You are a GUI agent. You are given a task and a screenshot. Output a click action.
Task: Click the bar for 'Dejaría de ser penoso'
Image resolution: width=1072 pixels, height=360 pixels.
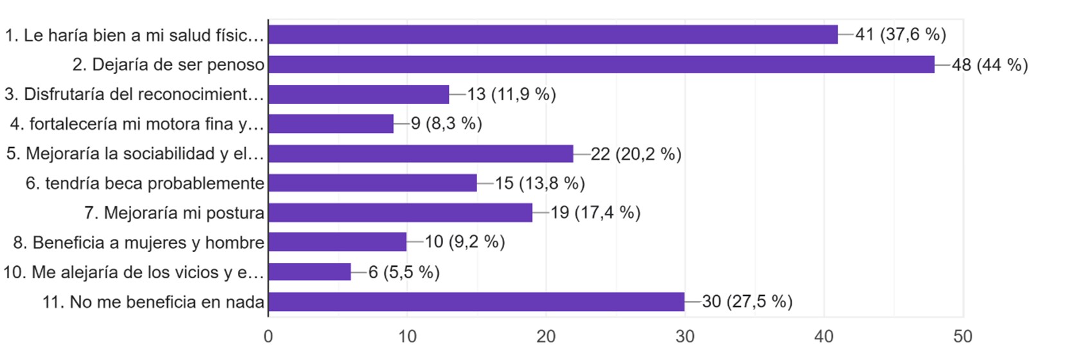click(601, 64)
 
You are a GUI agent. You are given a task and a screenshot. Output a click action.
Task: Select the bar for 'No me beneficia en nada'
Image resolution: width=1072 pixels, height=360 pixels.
click(476, 301)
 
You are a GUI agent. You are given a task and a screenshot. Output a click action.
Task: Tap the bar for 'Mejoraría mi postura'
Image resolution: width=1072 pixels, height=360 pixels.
click(400, 213)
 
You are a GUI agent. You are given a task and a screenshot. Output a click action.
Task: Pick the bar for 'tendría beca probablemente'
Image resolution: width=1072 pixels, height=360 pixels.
click(372, 183)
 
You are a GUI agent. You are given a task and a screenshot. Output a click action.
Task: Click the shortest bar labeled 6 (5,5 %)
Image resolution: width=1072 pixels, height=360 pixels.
click(309, 272)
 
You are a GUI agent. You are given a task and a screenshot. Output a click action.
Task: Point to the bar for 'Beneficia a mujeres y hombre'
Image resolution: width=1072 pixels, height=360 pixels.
click(337, 242)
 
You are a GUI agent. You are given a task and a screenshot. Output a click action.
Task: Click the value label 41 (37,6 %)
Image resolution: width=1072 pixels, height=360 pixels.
click(900, 35)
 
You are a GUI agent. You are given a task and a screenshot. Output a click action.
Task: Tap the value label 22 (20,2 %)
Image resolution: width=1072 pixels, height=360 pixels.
click(635, 154)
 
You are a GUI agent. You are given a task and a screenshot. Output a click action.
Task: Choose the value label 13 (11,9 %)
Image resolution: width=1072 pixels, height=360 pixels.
click(511, 94)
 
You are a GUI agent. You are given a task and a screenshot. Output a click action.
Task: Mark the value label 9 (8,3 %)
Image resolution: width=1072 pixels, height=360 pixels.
click(446, 124)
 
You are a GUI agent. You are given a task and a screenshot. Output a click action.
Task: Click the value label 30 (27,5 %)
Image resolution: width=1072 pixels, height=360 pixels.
click(747, 301)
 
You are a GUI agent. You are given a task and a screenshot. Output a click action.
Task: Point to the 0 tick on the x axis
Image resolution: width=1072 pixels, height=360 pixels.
click(268, 336)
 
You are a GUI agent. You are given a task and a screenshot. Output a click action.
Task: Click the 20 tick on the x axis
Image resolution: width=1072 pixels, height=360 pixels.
click(546, 336)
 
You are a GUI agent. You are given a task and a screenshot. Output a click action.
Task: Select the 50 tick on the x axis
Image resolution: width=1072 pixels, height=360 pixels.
click(963, 336)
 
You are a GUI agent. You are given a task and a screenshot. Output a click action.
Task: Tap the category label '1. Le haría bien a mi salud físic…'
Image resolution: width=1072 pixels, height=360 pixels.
click(134, 35)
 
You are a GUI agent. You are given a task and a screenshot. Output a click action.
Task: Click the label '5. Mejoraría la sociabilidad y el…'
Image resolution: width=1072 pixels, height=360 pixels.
click(135, 154)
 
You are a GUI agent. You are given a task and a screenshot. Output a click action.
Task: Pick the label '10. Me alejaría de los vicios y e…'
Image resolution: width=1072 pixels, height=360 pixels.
click(134, 273)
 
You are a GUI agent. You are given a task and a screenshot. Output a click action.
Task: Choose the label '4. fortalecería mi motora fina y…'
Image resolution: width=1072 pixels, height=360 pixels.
click(137, 124)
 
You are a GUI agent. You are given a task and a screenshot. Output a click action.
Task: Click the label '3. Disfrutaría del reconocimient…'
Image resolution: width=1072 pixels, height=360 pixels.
click(134, 94)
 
